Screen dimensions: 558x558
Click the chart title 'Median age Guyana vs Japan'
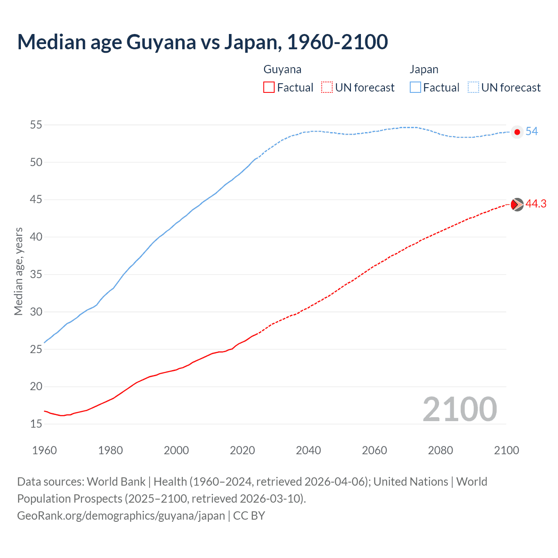(202, 42)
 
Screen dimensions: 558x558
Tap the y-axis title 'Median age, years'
(18, 271)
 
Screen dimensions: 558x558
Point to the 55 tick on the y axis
(36, 125)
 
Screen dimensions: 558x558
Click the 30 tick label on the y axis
(36, 312)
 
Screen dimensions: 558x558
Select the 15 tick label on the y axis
(36, 424)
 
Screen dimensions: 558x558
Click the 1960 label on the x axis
(44, 450)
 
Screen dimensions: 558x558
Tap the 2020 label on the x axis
(242, 450)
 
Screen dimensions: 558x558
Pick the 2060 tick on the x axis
(374, 450)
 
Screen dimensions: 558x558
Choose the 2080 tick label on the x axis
(440, 450)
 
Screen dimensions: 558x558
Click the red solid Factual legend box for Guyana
(269, 88)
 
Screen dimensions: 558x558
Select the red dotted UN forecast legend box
(327, 88)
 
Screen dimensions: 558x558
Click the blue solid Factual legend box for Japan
(415, 88)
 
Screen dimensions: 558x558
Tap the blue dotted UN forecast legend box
(473, 88)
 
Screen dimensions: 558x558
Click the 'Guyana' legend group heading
(282, 70)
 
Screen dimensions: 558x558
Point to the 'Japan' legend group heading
(424, 70)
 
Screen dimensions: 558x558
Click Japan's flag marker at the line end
(517, 132)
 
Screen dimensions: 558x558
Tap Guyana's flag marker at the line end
(517, 204)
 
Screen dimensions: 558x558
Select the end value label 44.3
(536, 204)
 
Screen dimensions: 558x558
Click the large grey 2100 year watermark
(459, 409)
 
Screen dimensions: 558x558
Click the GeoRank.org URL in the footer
(121, 516)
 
